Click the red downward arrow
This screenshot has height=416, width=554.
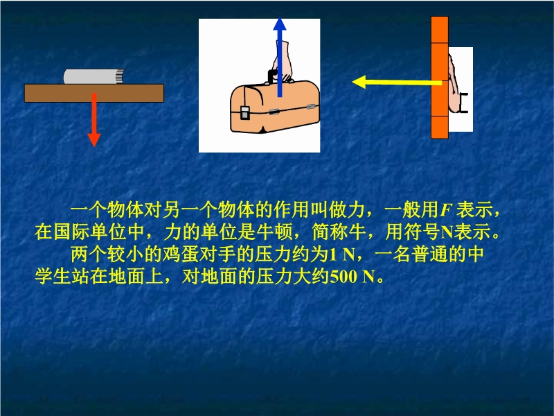(94, 119)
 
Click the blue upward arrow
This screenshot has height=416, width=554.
(280, 57)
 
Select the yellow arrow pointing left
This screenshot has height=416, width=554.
(397, 83)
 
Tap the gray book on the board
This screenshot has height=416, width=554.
(94, 76)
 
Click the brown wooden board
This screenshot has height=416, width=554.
(94, 93)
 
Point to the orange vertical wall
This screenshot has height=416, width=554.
(440, 78)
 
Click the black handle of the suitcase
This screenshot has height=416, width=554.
(272, 77)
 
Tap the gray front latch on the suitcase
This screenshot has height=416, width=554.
(244, 113)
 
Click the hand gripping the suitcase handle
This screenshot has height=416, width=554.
(283, 62)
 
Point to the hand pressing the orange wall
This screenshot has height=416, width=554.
(454, 85)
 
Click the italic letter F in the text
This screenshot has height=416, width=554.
(446, 210)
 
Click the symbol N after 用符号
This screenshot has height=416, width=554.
(447, 232)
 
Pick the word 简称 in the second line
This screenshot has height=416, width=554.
(330, 232)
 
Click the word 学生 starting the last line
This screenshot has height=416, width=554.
(53, 276)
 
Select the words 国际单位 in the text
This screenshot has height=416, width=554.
(90, 232)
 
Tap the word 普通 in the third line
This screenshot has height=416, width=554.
(429, 254)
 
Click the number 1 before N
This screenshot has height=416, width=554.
(333, 254)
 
